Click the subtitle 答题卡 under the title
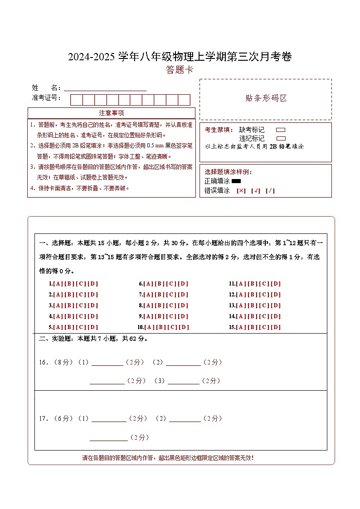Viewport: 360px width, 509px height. click(180, 70)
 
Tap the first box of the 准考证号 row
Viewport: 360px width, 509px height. click(77, 100)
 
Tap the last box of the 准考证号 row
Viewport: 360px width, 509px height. click(184, 100)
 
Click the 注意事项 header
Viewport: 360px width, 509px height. click(112, 113)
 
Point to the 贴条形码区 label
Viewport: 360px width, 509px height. click(266, 98)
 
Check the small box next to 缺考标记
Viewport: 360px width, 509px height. click(281, 130)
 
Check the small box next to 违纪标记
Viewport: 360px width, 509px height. click(281, 138)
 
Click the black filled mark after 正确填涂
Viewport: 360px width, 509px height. click(236, 181)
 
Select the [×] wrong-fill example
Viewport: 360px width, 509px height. click(241, 191)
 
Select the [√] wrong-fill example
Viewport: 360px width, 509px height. click(256, 191)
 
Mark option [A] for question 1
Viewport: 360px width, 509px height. click(58, 284)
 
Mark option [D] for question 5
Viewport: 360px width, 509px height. click(92, 327)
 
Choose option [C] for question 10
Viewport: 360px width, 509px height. click(172, 327)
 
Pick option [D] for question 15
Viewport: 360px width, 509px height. click(276, 327)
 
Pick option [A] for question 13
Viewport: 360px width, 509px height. click(241, 305)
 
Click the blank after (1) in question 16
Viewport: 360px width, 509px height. click(107, 362)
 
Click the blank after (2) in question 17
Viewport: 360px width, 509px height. click(185, 419)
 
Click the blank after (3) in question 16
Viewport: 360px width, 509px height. click(183, 381)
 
